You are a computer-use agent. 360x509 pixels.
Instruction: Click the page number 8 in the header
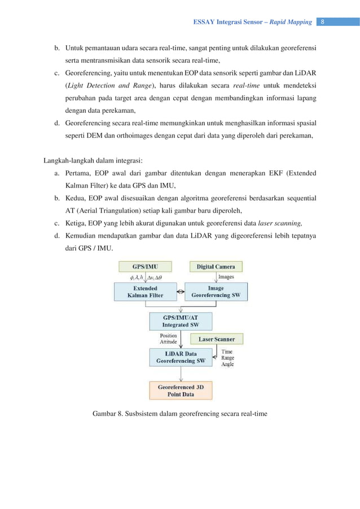pos(322,22)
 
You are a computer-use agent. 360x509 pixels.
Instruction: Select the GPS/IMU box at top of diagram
pos(146,266)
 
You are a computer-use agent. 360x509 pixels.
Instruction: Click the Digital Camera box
pos(216,266)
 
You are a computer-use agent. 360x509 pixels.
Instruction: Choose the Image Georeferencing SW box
pos(216,291)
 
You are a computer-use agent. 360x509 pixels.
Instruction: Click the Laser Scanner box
pos(216,339)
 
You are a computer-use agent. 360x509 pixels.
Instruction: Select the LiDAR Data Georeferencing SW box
pos(180,357)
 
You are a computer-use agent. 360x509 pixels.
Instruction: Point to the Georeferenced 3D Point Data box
pos(180,390)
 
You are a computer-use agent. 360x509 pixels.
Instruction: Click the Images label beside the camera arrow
pos(226,277)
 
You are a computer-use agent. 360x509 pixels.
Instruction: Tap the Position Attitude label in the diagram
pos(168,339)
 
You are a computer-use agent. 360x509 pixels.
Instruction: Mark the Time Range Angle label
pos(228,358)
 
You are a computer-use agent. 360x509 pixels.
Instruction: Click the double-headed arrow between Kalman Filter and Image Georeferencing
pos(181,291)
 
